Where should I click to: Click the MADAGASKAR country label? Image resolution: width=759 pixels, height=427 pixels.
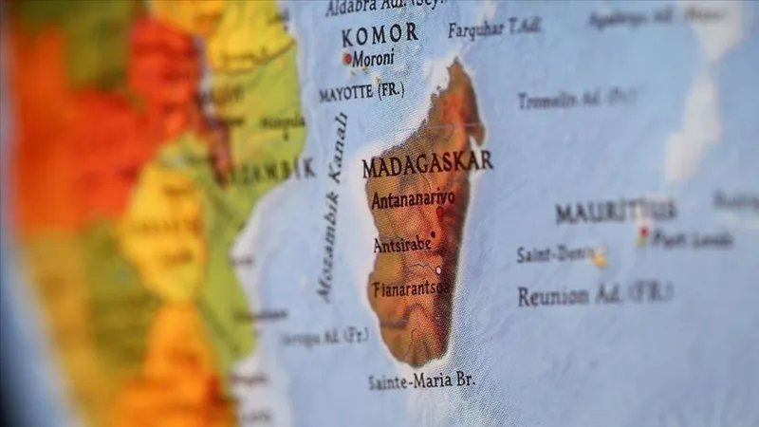click(x=427, y=163)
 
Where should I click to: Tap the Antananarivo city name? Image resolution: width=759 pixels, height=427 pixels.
click(x=414, y=201)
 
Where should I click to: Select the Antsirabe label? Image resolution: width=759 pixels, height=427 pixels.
click(x=401, y=244)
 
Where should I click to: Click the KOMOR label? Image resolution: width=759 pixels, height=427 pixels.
click(x=379, y=35)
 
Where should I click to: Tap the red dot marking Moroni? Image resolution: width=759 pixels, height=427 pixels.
click(x=348, y=58)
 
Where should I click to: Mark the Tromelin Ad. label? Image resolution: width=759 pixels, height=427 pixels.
click(x=576, y=99)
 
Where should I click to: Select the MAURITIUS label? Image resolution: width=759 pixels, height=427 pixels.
click(x=616, y=212)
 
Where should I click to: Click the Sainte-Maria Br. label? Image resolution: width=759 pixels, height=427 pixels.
click(x=421, y=381)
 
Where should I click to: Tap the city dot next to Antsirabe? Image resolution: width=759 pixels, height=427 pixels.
click(x=434, y=233)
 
